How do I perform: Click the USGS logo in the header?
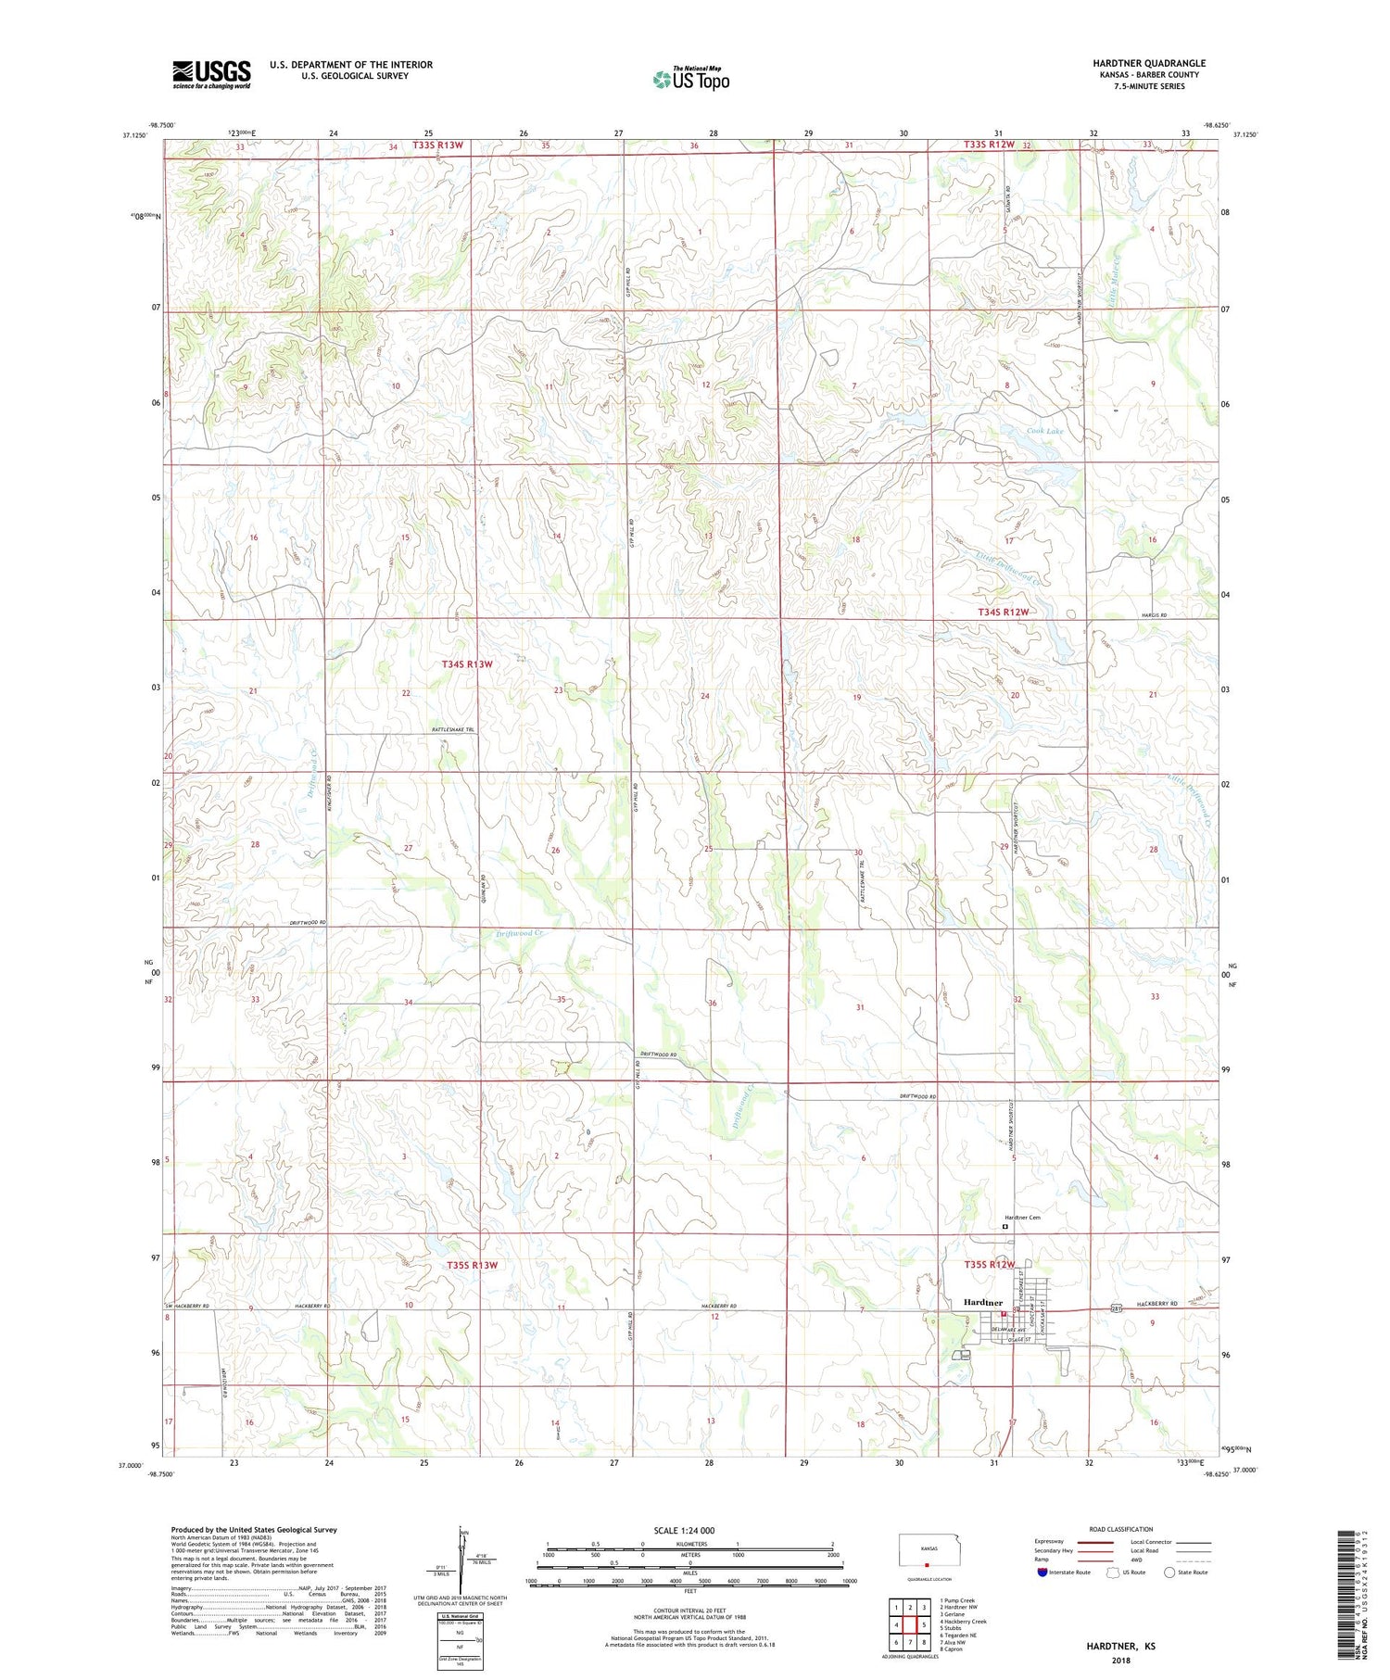(x=211, y=74)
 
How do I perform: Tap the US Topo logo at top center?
(x=690, y=79)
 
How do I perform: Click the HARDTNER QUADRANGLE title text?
(x=1148, y=63)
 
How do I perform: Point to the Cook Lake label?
(x=1044, y=431)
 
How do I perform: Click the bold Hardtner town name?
(x=981, y=1302)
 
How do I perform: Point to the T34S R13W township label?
(x=466, y=664)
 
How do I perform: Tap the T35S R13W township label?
(x=472, y=1265)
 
